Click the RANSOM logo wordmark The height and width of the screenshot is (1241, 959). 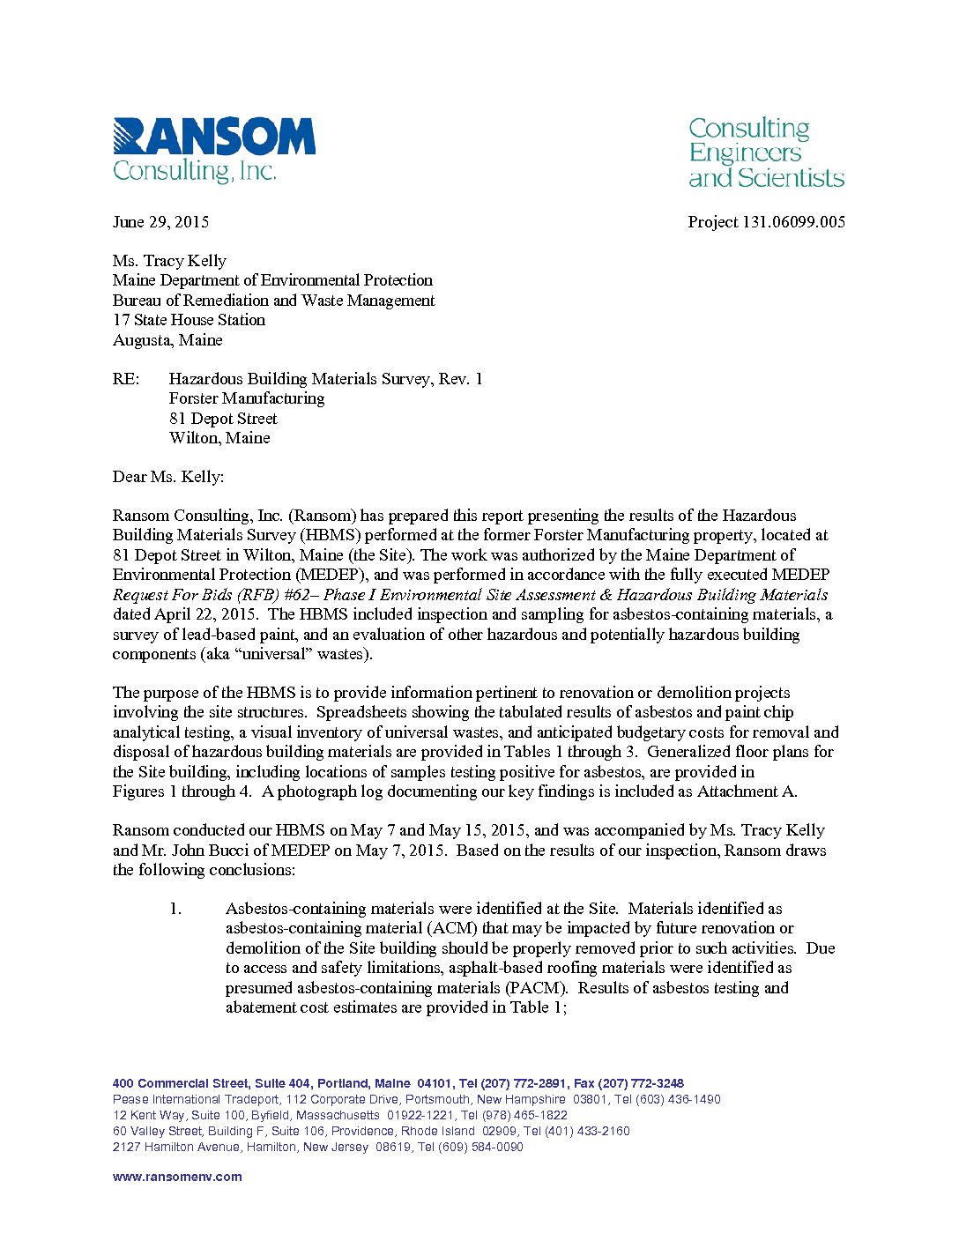[x=214, y=137]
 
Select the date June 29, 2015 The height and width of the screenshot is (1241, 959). [x=160, y=222]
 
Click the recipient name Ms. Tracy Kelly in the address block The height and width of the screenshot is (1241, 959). [x=169, y=261]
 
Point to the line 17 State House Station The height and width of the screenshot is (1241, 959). [x=189, y=320]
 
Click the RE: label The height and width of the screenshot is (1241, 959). [x=126, y=379]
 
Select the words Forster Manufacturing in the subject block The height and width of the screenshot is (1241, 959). [x=247, y=398]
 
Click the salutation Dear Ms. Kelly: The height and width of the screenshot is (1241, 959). [x=168, y=477]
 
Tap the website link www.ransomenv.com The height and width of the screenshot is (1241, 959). [x=177, y=1177]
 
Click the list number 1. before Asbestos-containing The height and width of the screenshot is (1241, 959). [x=176, y=909]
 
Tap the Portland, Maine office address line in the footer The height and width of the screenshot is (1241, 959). [x=398, y=1083]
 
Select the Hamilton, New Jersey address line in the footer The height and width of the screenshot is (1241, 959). [x=317, y=1147]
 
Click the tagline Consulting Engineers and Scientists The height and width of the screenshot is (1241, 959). [x=765, y=153]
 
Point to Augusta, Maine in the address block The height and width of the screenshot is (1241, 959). [x=167, y=340]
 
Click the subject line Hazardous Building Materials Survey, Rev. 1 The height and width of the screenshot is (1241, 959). [x=325, y=379]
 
